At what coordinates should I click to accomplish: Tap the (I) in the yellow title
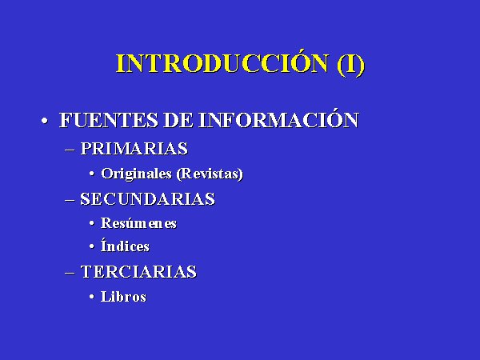351,64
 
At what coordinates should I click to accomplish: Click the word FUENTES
108,120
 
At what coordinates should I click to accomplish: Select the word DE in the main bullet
178,120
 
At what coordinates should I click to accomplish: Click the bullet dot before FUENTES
45,120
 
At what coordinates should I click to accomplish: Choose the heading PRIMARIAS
134,149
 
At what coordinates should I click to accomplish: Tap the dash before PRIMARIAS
70,150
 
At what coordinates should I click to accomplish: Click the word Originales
136,174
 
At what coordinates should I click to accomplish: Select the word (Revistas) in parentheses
210,174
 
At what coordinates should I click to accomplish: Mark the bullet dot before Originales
92,174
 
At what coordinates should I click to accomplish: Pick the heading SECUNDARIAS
147,199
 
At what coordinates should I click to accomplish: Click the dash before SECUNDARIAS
70,200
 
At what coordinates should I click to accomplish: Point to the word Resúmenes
138,223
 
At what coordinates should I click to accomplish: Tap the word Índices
125,246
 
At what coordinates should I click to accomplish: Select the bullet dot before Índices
92,246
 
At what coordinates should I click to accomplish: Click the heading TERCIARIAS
138,272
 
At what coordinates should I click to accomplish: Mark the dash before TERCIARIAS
70,273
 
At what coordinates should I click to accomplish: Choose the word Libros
124,296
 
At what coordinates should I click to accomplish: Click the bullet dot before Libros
92,297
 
